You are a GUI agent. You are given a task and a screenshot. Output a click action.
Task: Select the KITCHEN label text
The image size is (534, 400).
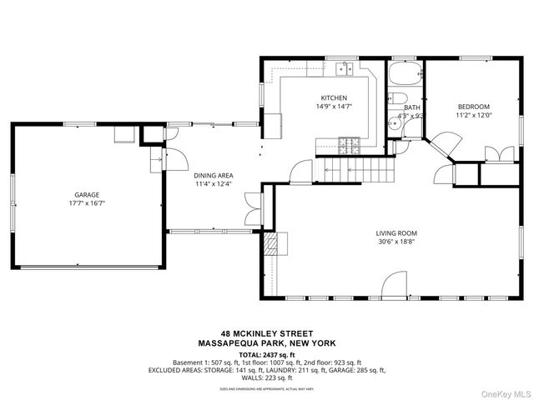334,97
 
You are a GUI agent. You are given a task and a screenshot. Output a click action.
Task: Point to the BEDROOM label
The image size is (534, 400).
473,107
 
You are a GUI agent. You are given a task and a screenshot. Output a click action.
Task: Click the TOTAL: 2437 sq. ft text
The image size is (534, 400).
267,354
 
